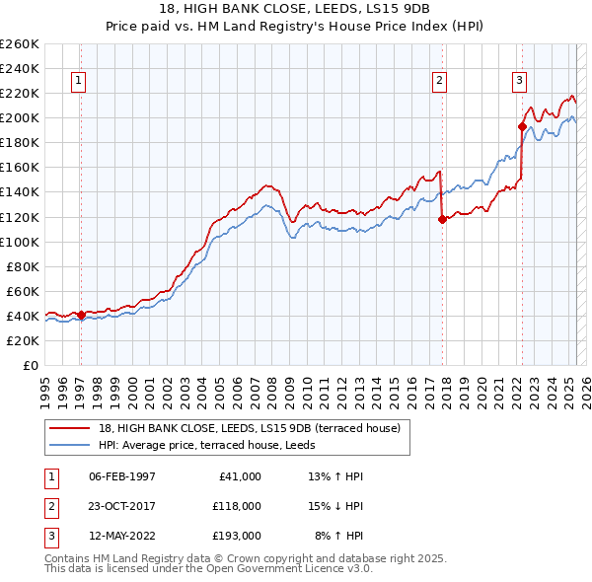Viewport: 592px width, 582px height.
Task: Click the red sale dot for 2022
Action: (x=522, y=126)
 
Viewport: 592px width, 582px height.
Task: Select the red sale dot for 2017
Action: (x=442, y=219)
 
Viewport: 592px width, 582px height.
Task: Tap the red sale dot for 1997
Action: (x=81, y=315)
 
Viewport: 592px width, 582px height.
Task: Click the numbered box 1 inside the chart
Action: (x=78, y=82)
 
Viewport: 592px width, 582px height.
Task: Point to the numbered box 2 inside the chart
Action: (x=439, y=82)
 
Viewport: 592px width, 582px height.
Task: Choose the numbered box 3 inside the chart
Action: (x=519, y=82)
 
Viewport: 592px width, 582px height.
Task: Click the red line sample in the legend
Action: (x=70, y=428)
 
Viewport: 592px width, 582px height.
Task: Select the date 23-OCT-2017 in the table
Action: (x=122, y=506)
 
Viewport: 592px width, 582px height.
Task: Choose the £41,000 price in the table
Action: (x=239, y=476)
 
